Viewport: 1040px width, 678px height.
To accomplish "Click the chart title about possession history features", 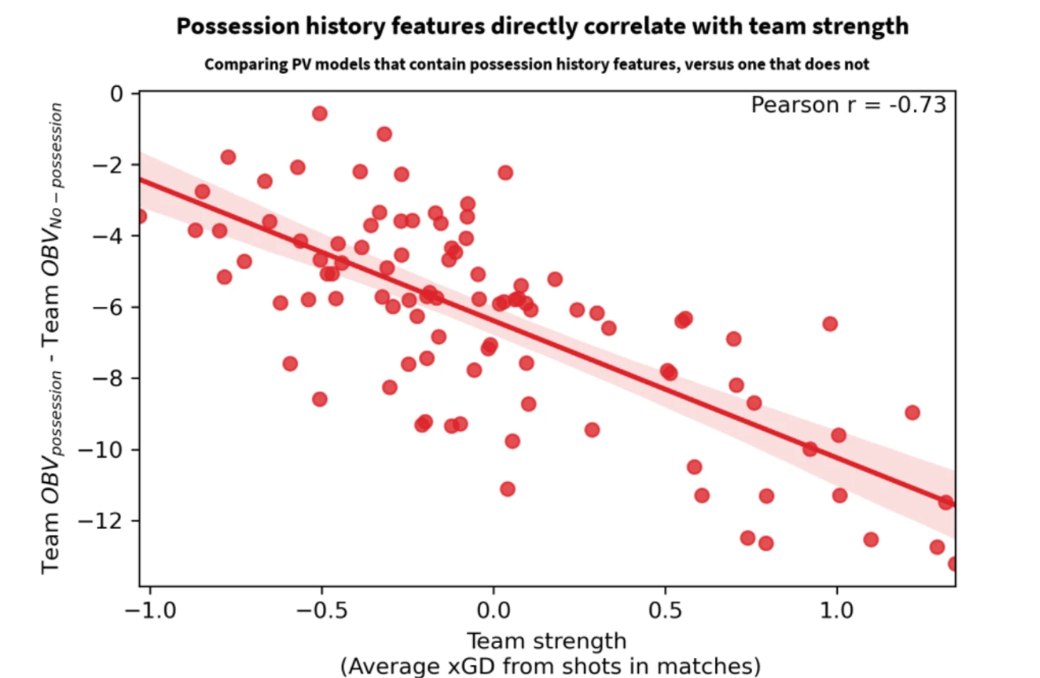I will pyautogui.click(x=542, y=26).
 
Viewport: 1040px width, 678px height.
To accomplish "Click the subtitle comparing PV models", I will pyautogui.click(x=536, y=65).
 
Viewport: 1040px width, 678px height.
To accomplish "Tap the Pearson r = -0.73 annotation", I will pyautogui.click(x=848, y=105).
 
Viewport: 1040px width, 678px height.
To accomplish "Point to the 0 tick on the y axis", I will pyautogui.click(x=116, y=94).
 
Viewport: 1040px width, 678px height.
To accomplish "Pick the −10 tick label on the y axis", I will pyautogui.click(x=103, y=449).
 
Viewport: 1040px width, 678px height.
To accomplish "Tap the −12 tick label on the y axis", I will pyautogui.click(x=103, y=521).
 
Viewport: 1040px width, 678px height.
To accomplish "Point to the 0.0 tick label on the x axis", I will pyautogui.click(x=493, y=610).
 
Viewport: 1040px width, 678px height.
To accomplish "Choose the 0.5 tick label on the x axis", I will pyautogui.click(x=665, y=610).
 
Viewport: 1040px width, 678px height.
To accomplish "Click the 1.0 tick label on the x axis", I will pyautogui.click(x=836, y=610).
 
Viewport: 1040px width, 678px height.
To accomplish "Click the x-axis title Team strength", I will pyautogui.click(x=546, y=641).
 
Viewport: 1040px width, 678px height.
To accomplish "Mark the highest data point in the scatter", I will pyautogui.click(x=320, y=113).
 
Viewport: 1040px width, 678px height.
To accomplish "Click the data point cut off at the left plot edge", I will pyautogui.click(x=141, y=216).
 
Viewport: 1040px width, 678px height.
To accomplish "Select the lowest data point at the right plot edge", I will pyautogui.click(x=952, y=564).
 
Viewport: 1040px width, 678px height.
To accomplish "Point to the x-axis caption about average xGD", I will pyautogui.click(x=550, y=666).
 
